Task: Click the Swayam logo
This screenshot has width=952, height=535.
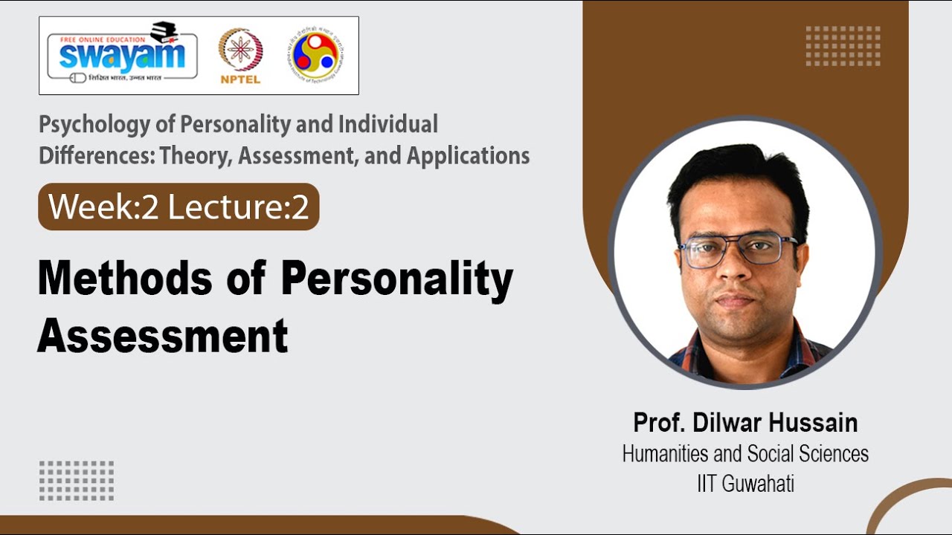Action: [122, 55]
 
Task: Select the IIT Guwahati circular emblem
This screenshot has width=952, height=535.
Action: [317, 55]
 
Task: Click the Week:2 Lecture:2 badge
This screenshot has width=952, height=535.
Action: [178, 207]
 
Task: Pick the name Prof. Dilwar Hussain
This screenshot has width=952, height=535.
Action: [745, 423]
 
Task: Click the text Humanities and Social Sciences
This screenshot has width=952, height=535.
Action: [745, 453]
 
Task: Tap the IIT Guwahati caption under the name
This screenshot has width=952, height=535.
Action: [745, 484]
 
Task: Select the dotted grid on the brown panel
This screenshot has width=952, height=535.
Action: [843, 46]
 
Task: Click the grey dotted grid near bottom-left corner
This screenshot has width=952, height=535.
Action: [77, 480]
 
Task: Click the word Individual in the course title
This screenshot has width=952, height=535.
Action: [387, 124]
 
